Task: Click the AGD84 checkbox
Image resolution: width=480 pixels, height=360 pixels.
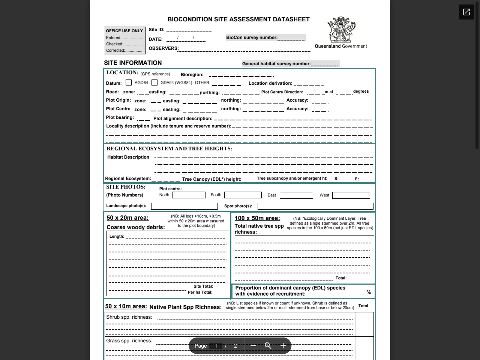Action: (x=129, y=82)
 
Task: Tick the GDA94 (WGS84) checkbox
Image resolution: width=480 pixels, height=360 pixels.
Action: (x=154, y=82)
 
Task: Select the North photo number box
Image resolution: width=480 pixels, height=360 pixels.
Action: (x=189, y=195)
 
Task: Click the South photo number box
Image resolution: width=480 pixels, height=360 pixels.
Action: (x=243, y=195)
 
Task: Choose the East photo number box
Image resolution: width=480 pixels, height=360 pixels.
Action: (x=296, y=195)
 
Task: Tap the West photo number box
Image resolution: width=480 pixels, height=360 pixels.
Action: (x=351, y=195)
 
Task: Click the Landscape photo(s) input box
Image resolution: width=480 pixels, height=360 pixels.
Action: (x=184, y=206)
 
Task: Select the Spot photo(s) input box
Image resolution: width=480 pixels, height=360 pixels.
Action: (x=315, y=206)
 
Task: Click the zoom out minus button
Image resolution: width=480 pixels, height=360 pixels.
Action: (x=253, y=346)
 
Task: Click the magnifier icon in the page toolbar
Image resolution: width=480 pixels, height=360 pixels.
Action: (x=268, y=346)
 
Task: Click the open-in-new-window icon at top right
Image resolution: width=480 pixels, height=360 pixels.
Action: (x=466, y=12)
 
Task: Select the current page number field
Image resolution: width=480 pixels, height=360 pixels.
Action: (x=216, y=346)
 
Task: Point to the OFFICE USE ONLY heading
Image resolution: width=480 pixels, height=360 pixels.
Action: (x=124, y=31)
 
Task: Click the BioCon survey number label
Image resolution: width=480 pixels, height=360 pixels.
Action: (x=252, y=37)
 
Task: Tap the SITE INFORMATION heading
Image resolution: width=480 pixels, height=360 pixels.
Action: (x=133, y=63)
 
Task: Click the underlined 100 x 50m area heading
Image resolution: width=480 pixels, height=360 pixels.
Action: (x=257, y=218)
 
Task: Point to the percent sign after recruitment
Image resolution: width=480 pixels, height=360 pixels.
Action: (x=369, y=292)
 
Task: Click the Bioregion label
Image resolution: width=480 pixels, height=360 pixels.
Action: (x=192, y=75)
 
